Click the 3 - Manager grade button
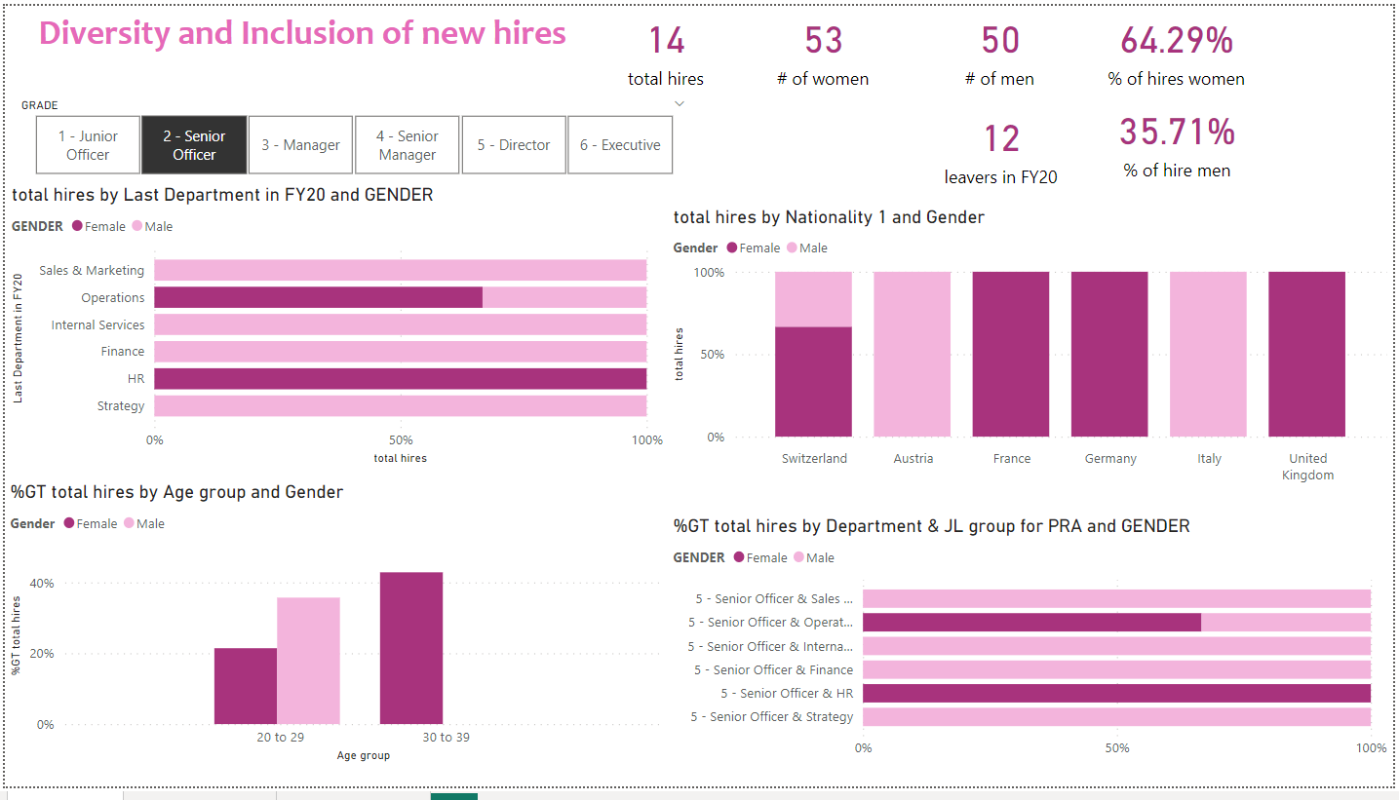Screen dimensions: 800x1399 tap(301, 145)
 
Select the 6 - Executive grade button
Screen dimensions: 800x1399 tap(620, 145)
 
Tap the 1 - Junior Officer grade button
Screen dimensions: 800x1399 tap(88, 145)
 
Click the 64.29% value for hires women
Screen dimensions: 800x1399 tap(1176, 41)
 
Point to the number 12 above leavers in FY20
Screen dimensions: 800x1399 tap(1000, 139)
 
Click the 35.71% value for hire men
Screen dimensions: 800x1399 tap(1176, 133)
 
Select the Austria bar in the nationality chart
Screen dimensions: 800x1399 tap(913, 354)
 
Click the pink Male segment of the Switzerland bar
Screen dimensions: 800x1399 tap(813, 299)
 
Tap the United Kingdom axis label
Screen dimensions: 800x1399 tap(1307, 467)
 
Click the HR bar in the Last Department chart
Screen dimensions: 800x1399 tap(400, 379)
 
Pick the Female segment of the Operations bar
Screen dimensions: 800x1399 tap(318, 297)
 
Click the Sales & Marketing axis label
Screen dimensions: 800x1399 tap(92, 271)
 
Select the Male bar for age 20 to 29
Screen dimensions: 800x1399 tap(308, 661)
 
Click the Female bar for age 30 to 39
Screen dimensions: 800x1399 tap(411, 648)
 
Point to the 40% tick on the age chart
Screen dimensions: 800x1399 tap(43, 583)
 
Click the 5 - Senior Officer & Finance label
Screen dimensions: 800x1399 tap(773, 669)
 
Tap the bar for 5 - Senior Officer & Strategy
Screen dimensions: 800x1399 tap(1116, 717)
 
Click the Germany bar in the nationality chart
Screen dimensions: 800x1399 tap(1109, 354)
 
